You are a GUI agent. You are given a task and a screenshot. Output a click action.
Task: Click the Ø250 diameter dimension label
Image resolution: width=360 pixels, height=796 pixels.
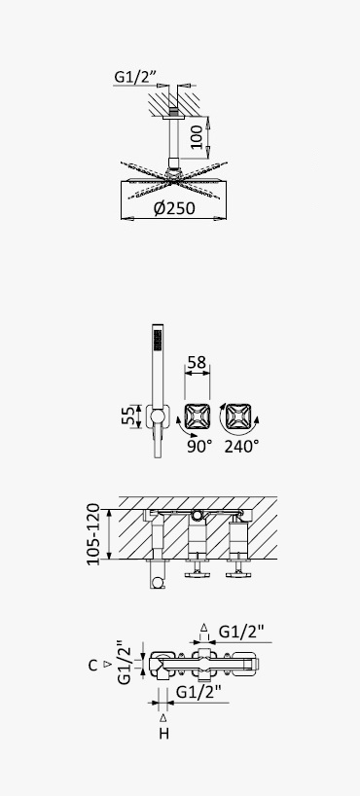tap(173, 208)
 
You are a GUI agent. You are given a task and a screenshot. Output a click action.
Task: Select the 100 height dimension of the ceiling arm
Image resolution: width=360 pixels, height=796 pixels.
tap(196, 136)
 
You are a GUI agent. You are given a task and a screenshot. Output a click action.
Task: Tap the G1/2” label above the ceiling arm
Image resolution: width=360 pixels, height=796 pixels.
tap(134, 77)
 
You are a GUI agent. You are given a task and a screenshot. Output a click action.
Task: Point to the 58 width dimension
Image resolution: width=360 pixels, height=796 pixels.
tap(197, 362)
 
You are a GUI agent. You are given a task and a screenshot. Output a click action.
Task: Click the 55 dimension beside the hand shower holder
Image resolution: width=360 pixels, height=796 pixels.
tap(129, 416)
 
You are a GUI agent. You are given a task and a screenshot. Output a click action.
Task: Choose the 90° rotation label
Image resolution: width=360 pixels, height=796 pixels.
tap(199, 447)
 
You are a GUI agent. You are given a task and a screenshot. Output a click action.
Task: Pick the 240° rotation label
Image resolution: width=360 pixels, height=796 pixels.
tap(241, 447)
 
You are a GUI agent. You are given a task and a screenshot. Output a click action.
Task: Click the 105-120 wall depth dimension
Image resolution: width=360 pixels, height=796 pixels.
tap(93, 534)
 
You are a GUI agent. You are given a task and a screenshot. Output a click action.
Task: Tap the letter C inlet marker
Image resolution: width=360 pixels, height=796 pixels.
tap(92, 665)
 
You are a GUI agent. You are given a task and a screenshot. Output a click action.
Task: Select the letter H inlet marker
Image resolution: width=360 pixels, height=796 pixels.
tap(163, 734)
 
